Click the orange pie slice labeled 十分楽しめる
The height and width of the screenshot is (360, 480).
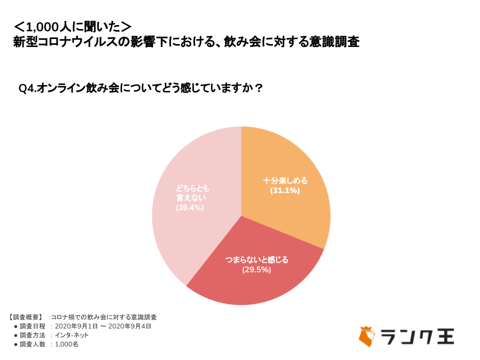point(295,165)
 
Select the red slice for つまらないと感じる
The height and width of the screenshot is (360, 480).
point(260,285)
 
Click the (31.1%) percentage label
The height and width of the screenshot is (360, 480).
point(285,190)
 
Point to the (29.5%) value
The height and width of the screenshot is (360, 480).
point(256,270)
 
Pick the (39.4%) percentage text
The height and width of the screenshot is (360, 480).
point(190,207)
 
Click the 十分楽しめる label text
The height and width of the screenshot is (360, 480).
point(285,180)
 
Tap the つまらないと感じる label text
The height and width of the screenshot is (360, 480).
point(256,260)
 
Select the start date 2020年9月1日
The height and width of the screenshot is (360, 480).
point(83,326)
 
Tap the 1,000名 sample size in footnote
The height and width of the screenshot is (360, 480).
point(66,344)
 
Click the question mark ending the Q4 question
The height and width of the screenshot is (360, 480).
point(258,88)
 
